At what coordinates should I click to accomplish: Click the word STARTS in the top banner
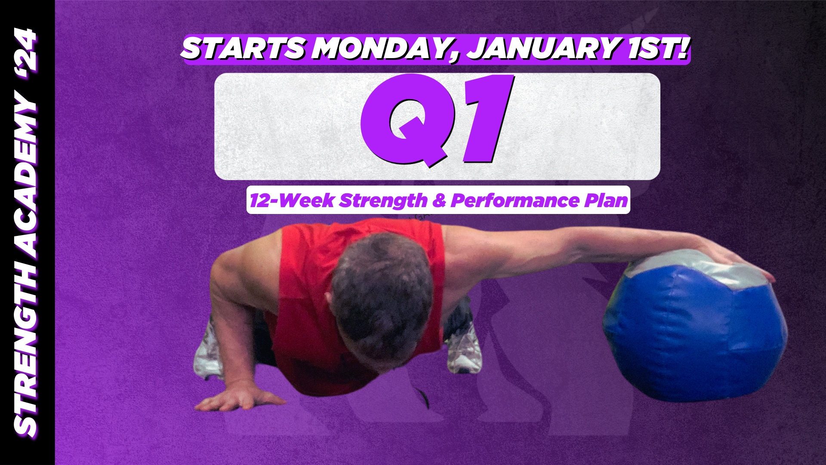[x=243, y=48]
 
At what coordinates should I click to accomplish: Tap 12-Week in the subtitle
[x=292, y=201]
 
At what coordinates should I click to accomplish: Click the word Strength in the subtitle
[x=383, y=201]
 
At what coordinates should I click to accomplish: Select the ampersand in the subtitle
[x=439, y=201]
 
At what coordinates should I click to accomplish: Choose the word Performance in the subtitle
[x=515, y=201]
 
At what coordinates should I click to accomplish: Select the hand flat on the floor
[x=237, y=398]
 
